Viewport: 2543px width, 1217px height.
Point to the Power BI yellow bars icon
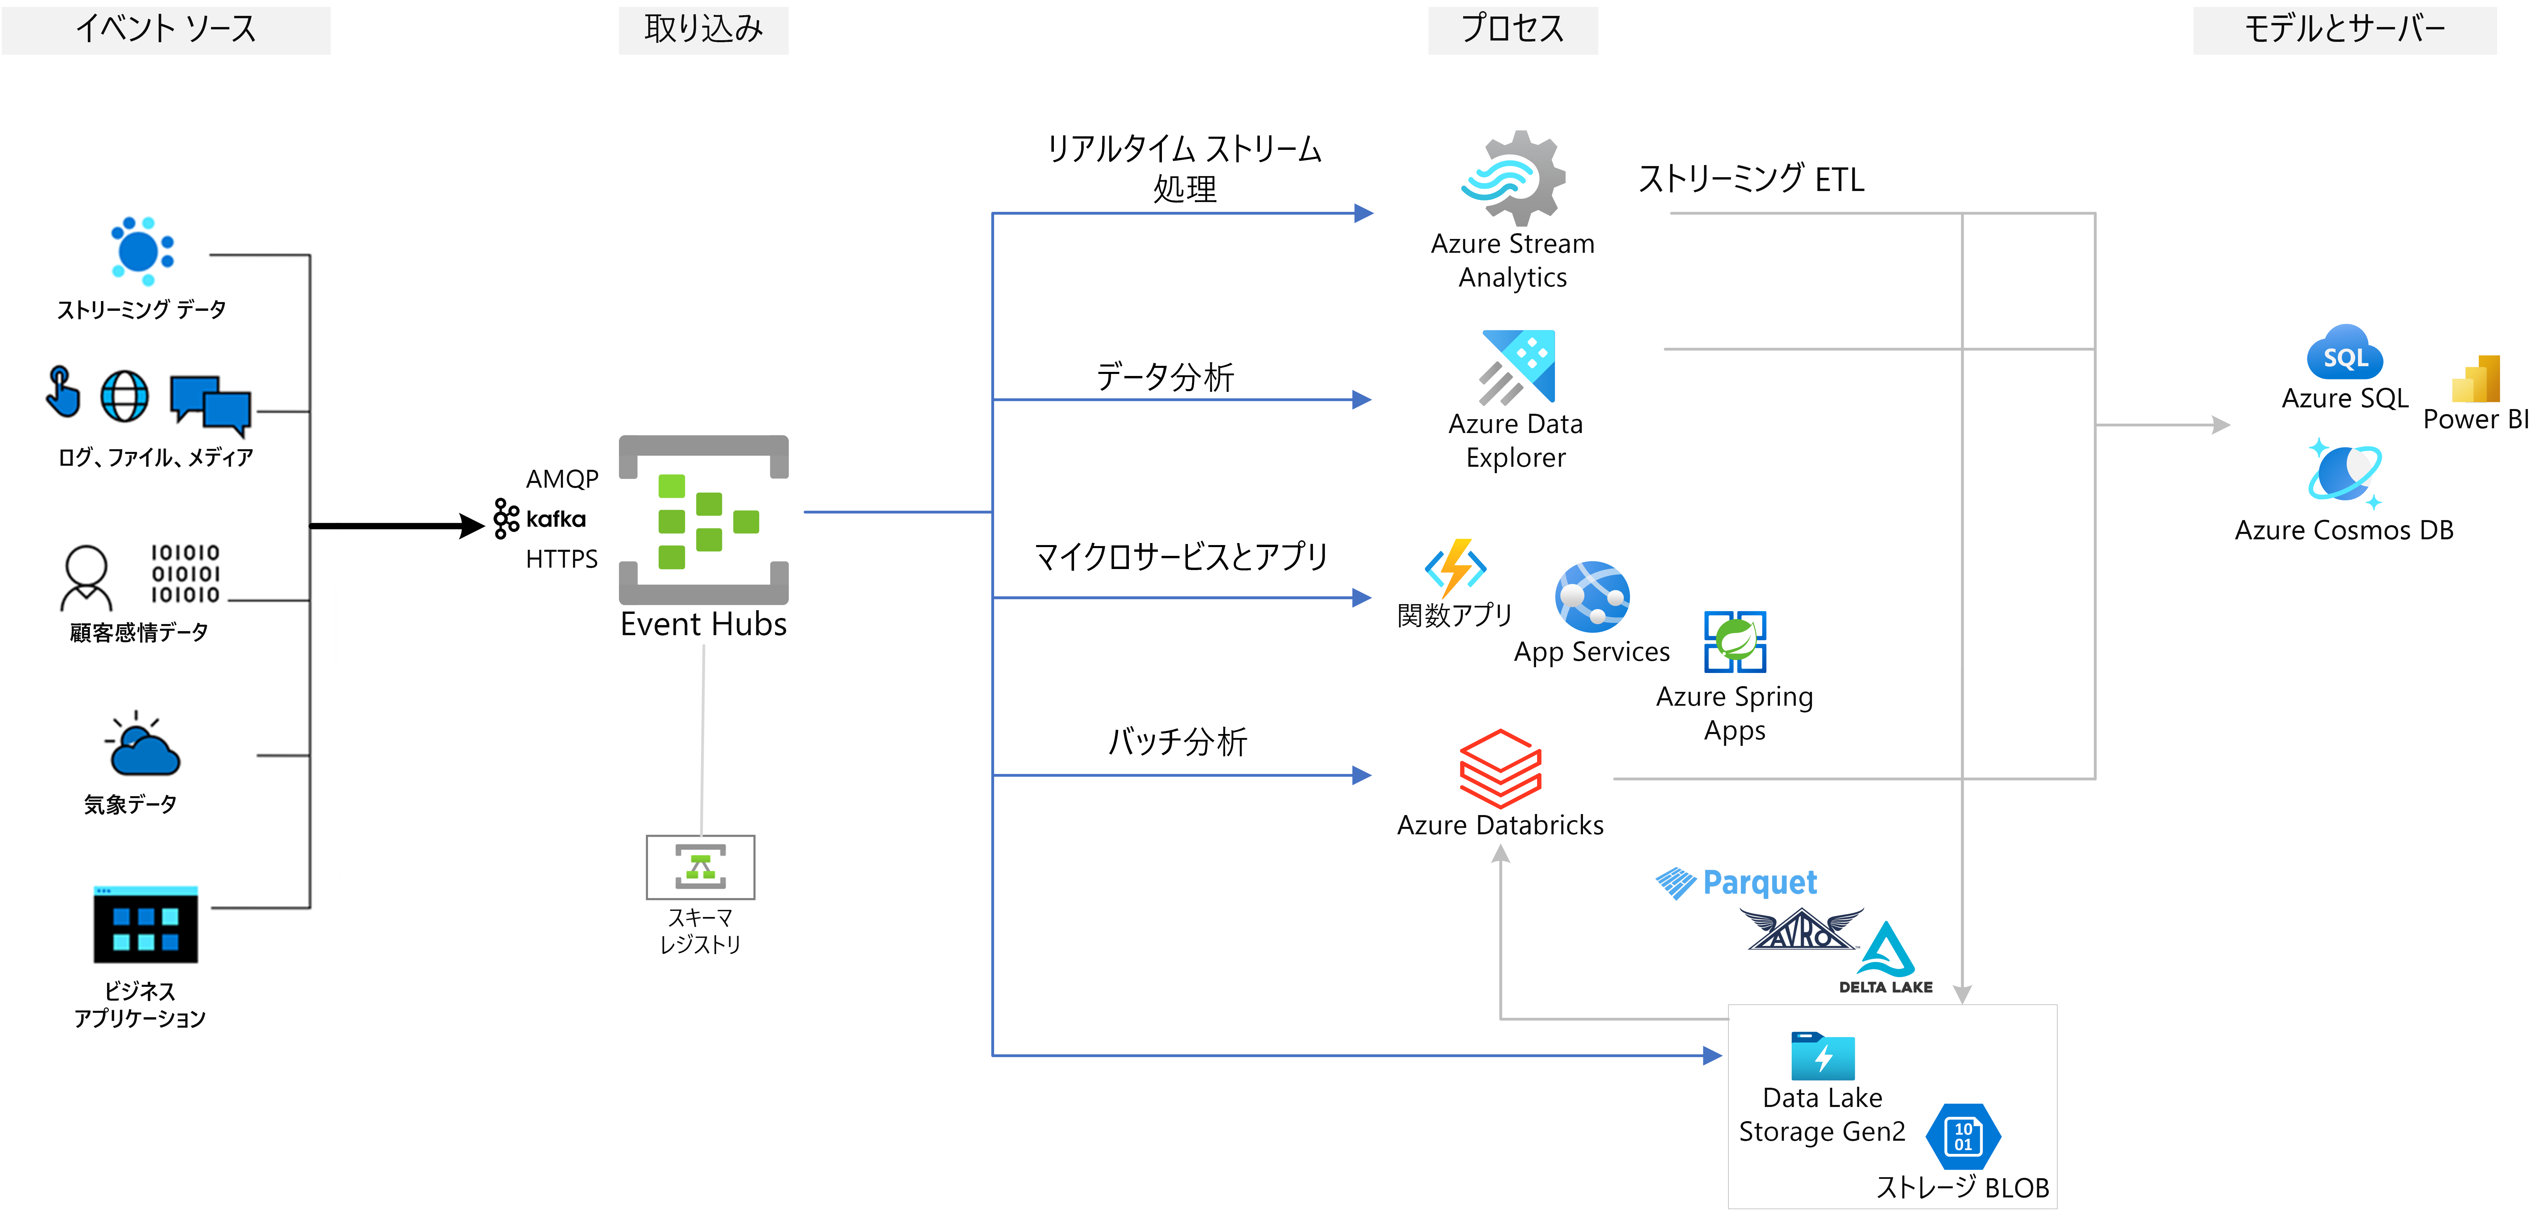(2476, 379)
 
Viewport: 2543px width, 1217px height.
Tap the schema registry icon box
(701, 867)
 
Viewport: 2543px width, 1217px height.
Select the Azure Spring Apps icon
(1735, 642)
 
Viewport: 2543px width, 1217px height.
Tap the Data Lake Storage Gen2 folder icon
(1822, 1056)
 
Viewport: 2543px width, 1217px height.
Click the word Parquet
(1760, 883)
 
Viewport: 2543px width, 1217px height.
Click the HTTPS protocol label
(562, 560)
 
